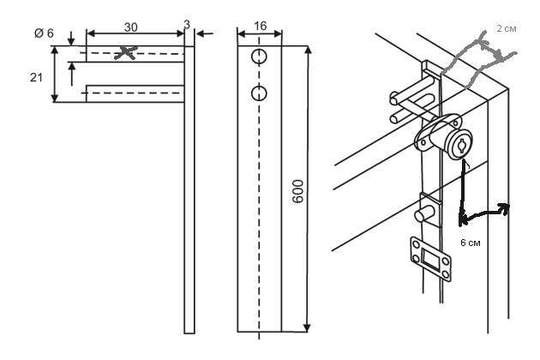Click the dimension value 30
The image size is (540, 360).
pos(130,27)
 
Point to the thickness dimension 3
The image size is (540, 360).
pos(188,26)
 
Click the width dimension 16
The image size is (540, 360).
pos(259,27)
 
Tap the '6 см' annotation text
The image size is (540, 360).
pos(470,243)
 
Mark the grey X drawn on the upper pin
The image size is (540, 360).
pos(127,53)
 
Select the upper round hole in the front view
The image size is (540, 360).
pos(259,57)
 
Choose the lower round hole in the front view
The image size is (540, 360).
pos(259,92)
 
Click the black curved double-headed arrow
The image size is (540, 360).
pos(484,211)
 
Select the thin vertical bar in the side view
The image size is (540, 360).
pos(189,189)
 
